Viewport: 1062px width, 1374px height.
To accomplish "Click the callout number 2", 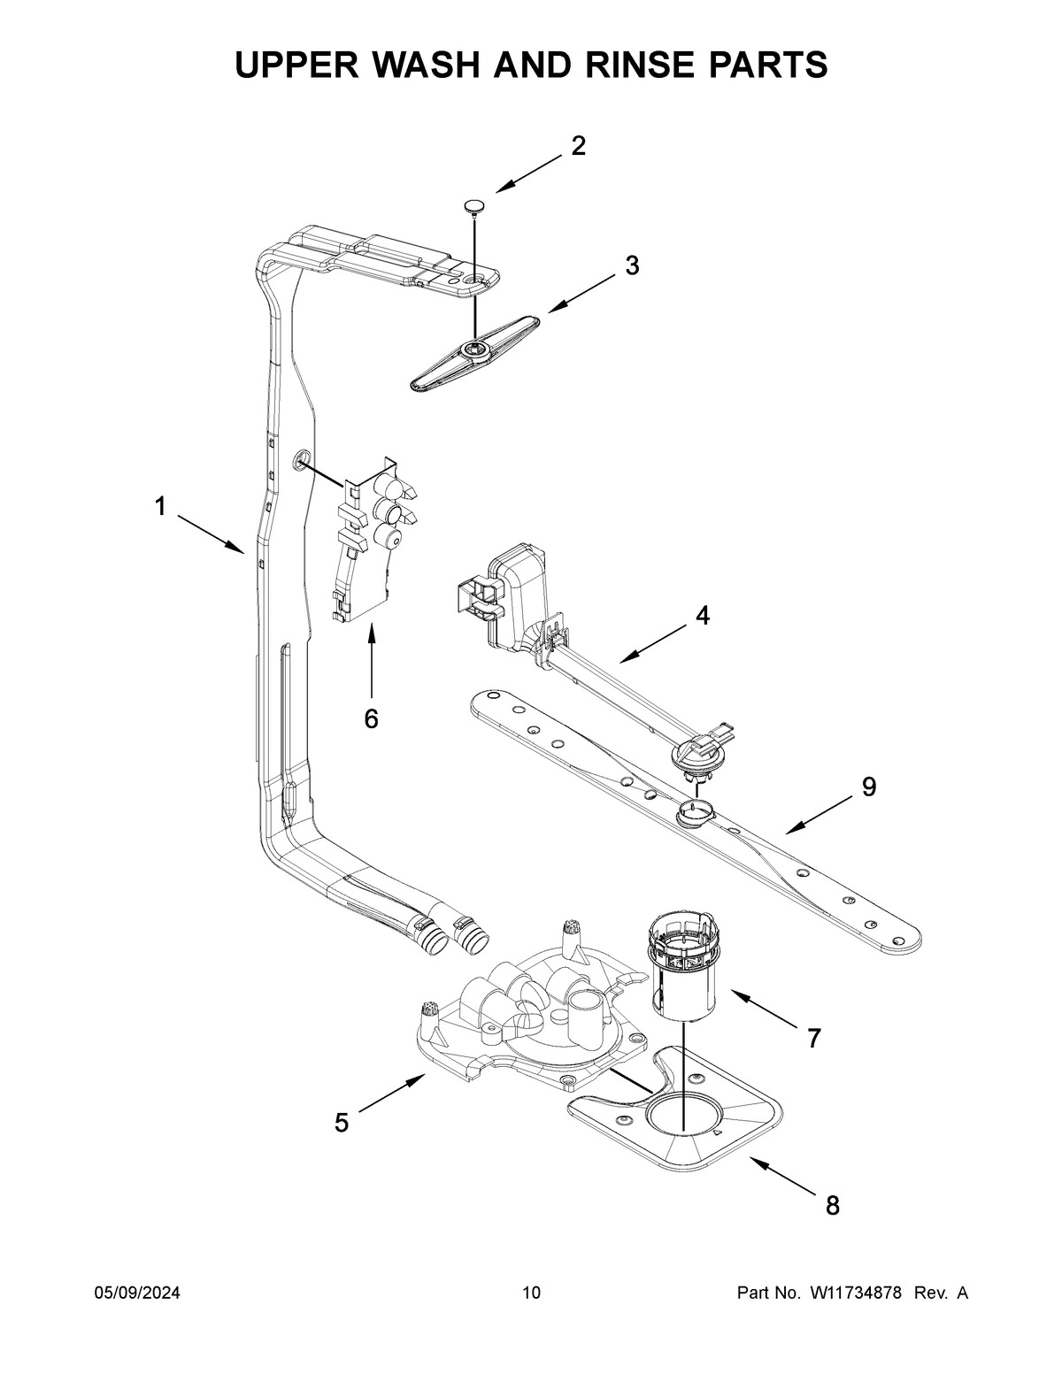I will pyautogui.click(x=578, y=146).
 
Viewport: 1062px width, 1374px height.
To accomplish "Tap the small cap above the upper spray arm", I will pyautogui.click(x=475, y=207).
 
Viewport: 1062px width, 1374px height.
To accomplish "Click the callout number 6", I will pyautogui.click(x=371, y=718).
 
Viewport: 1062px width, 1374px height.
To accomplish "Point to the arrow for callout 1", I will pyautogui.click(x=211, y=534).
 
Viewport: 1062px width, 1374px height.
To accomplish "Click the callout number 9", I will pyautogui.click(x=869, y=786).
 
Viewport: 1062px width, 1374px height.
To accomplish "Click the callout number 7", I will pyautogui.click(x=813, y=1038).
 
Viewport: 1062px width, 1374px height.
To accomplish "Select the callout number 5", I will pyautogui.click(x=342, y=1123).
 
